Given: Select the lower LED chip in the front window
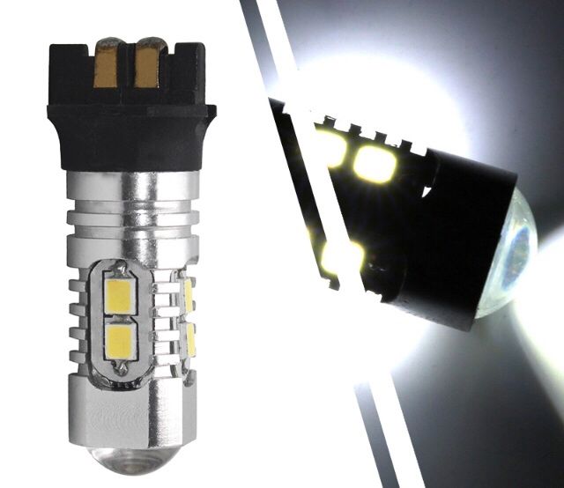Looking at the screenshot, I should pyautogui.click(x=120, y=342).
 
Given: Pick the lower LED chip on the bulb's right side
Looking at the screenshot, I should pyautogui.click(x=188, y=336).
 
